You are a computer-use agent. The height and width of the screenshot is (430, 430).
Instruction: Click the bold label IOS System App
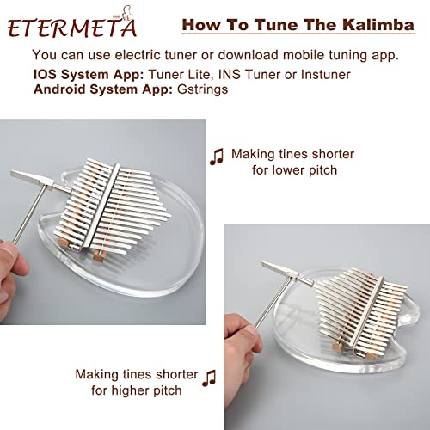86,73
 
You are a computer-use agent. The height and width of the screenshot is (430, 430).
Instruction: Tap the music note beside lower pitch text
216,155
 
